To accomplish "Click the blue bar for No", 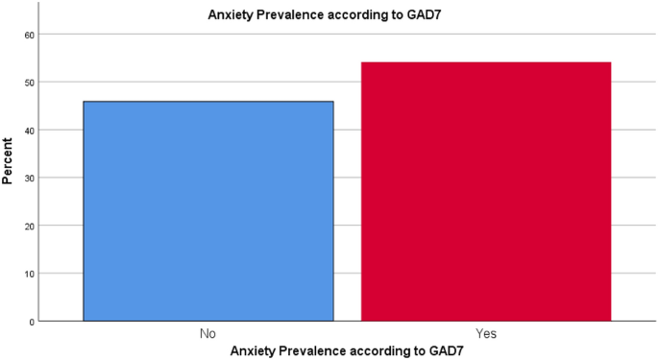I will pyautogui.click(x=208, y=211).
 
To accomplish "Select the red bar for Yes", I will pyautogui.click(x=486, y=192).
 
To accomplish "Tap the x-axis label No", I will pyautogui.click(x=208, y=333).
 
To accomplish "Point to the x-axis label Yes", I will pyautogui.click(x=486, y=333).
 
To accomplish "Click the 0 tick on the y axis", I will pyautogui.click(x=31, y=321).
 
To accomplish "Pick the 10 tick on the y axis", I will pyautogui.click(x=29, y=274).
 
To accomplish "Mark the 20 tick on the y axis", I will pyautogui.click(x=29, y=226).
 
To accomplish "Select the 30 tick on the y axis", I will pyautogui.click(x=29, y=178).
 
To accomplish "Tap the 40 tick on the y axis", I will pyautogui.click(x=29, y=131).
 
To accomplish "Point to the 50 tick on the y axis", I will pyautogui.click(x=29, y=83).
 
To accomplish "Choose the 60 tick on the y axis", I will pyautogui.click(x=29, y=35).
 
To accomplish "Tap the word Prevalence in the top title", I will pyautogui.click(x=289, y=14).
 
